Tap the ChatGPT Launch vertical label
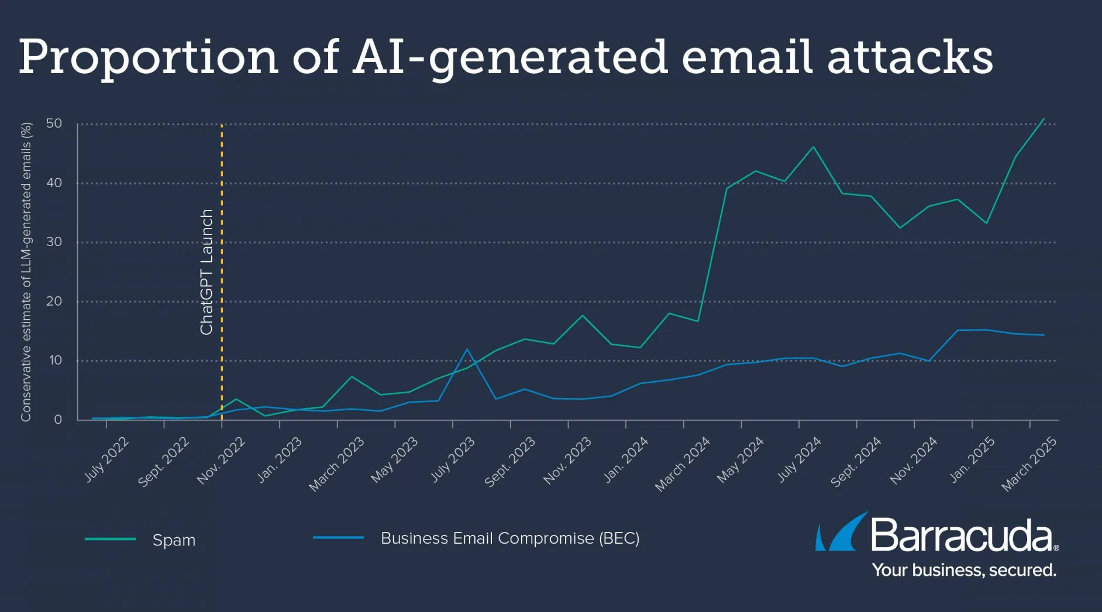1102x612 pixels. (x=206, y=272)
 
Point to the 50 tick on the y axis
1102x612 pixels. (x=54, y=123)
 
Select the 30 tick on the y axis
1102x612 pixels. (x=54, y=242)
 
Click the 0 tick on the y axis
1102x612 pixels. (x=58, y=419)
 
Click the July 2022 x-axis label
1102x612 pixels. (x=106, y=459)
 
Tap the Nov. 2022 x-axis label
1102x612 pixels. (x=221, y=460)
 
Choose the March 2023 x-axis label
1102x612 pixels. (x=336, y=464)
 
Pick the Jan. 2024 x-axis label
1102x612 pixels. (x=626, y=459)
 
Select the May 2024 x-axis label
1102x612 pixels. (x=741, y=459)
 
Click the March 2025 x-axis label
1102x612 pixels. (x=1029, y=464)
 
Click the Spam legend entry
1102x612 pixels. (x=174, y=540)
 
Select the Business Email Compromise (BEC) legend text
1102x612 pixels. (x=510, y=538)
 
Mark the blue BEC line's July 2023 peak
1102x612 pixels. (x=467, y=349)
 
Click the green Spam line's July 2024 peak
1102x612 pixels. (x=813, y=147)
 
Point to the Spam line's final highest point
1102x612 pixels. (x=1044, y=119)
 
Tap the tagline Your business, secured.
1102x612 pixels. (x=964, y=570)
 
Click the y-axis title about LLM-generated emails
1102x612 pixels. (x=26, y=272)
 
